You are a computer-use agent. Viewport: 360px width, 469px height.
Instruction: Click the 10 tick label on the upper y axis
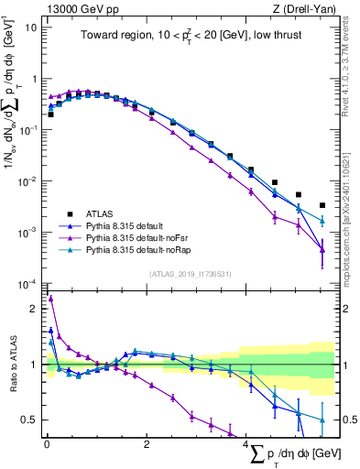30,27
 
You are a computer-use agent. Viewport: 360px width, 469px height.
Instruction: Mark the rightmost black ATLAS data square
322,206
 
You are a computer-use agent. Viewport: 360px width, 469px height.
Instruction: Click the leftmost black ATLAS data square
51,115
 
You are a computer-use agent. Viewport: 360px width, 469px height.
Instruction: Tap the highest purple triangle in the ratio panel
51,299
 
